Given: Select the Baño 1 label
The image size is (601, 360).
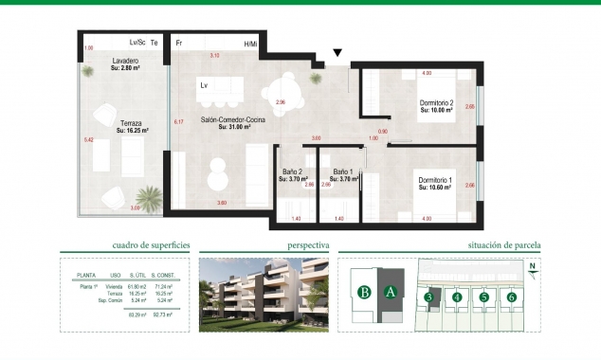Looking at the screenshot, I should [341, 172].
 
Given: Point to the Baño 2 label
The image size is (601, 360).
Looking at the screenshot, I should [292, 172].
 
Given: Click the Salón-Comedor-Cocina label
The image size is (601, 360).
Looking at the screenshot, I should [232, 120].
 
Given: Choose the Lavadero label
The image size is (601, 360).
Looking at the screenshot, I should [125, 62].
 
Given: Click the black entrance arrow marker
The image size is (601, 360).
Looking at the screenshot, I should [337, 54].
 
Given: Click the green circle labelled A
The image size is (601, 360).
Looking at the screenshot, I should [390, 293].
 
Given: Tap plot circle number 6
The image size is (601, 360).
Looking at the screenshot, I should [511, 297].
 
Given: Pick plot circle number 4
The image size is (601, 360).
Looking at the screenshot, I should [457, 297].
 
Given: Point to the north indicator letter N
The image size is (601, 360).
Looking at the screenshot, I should [533, 266].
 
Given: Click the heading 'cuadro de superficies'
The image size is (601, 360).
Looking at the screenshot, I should [152, 244].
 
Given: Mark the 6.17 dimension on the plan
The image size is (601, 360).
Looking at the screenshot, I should [178, 121].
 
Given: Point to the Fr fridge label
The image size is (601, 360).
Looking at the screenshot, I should [178, 44].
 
